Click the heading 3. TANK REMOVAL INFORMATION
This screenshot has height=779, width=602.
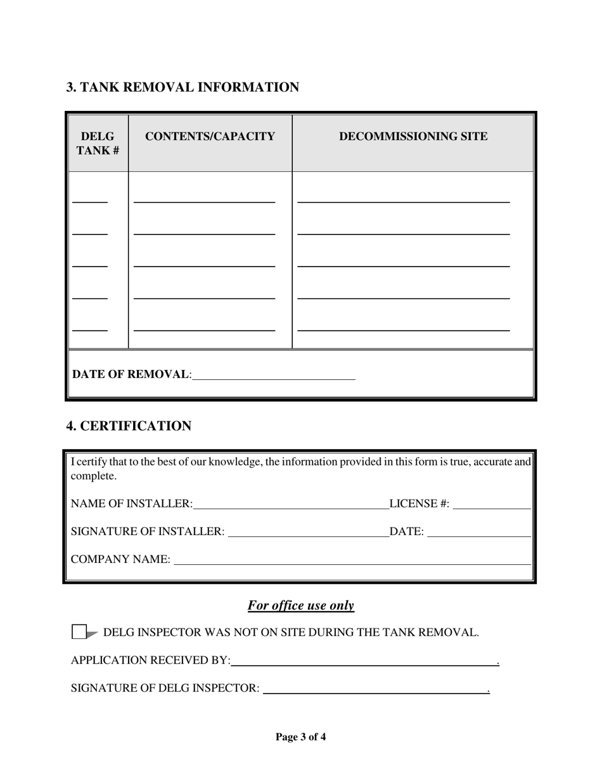click(183, 87)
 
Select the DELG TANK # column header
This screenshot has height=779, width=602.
click(98, 143)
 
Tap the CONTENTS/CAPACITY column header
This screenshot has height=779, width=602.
click(210, 136)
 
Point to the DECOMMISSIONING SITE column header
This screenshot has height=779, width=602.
click(413, 136)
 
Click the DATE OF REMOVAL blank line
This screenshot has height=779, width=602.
click(273, 375)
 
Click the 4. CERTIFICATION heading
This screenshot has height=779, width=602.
click(129, 426)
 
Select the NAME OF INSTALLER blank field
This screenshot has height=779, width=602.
click(291, 504)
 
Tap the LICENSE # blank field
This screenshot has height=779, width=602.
click(492, 504)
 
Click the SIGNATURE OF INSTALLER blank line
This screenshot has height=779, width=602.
click(308, 532)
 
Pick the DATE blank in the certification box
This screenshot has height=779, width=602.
click(479, 532)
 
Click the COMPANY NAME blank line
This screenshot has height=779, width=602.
click(352, 560)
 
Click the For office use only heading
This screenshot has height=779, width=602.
click(300, 605)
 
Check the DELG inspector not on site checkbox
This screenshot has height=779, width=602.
click(79, 632)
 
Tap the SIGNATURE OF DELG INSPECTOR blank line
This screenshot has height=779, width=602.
click(375, 688)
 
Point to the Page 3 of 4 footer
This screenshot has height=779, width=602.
click(300, 737)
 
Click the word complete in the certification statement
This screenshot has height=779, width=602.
click(93, 476)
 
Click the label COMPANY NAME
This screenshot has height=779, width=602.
click(120, 560)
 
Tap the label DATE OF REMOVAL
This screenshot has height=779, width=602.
click(131, 374)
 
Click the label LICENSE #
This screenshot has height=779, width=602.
click(419, 504)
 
